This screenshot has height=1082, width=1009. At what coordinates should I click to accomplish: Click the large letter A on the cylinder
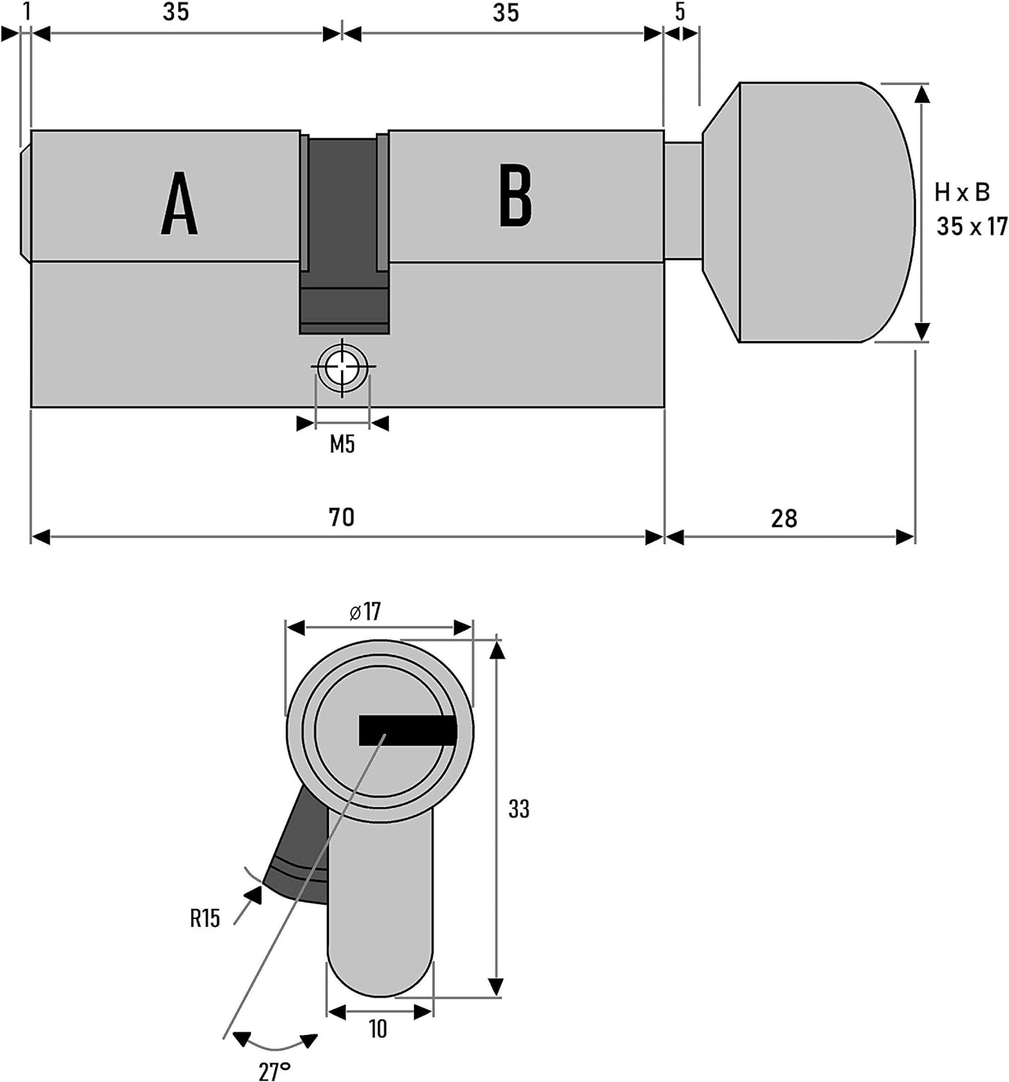[180, 203]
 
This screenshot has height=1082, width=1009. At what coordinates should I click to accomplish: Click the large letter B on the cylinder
[516, 195]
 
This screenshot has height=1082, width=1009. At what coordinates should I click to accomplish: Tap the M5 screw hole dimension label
[342, 444]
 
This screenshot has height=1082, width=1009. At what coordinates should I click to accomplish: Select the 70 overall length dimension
[342, 517]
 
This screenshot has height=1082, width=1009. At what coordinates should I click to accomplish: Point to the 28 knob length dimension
[784, 519]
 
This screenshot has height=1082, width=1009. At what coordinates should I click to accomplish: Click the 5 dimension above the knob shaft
[680, 12]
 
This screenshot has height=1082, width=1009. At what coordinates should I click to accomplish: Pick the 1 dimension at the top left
[26, 12]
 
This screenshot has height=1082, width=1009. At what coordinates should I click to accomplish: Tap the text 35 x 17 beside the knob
[972, 226]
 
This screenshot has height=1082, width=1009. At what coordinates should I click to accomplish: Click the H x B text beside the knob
[962, 193]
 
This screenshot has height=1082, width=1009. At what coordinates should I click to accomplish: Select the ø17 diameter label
[365, 611]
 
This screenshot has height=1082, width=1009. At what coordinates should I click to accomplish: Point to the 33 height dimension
[519, 809]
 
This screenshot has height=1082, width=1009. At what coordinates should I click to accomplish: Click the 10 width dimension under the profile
[377, 1029]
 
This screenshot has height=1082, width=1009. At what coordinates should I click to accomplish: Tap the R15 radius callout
[205, 918]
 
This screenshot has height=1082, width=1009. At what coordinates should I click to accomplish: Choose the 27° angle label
[275, 1071]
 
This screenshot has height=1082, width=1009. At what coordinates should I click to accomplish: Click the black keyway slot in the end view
[407, 730]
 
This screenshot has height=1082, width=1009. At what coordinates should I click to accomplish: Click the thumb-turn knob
[808, 213]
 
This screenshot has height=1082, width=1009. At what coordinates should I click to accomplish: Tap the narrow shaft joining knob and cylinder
[683, 201]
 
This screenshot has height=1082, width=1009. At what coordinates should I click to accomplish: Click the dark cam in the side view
[344, 235]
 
